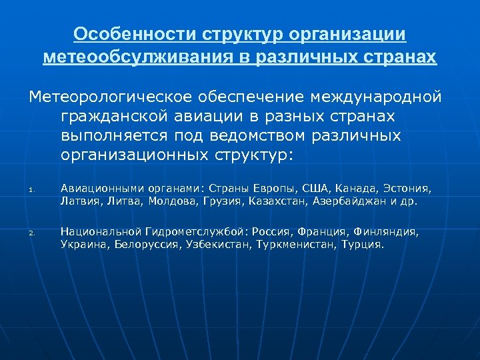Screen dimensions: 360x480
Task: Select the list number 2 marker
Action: pyautogui.click(x=31, y=233)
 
